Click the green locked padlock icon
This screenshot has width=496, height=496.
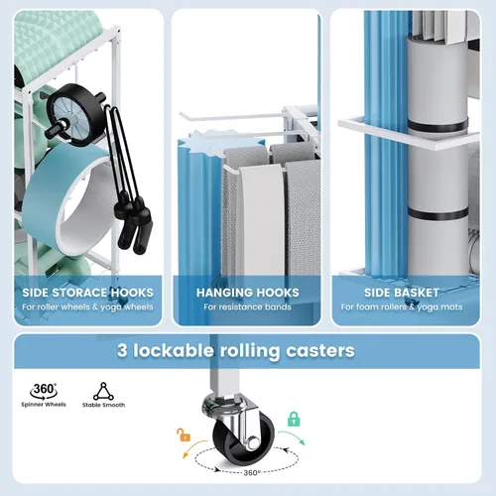[294, 419]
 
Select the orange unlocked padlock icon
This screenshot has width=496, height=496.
[184, 434]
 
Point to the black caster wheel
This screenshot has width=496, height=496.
[243, 438]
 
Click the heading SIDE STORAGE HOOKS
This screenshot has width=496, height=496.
[88, 293]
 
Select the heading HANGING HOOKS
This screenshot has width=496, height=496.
[248, 293]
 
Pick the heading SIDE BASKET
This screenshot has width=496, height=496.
[402, 293]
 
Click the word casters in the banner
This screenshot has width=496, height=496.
[320, 350]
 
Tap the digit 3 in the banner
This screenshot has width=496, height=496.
[122, 350]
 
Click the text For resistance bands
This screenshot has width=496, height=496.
[247, 308]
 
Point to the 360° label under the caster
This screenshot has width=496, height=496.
[252, 473]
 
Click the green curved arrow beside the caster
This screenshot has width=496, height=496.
[293, 435]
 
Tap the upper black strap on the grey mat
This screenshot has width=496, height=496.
[437, 126]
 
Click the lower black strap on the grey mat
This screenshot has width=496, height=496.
[437, 213]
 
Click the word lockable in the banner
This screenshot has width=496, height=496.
[174, 350]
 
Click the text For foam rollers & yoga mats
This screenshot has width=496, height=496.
[402, 308]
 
